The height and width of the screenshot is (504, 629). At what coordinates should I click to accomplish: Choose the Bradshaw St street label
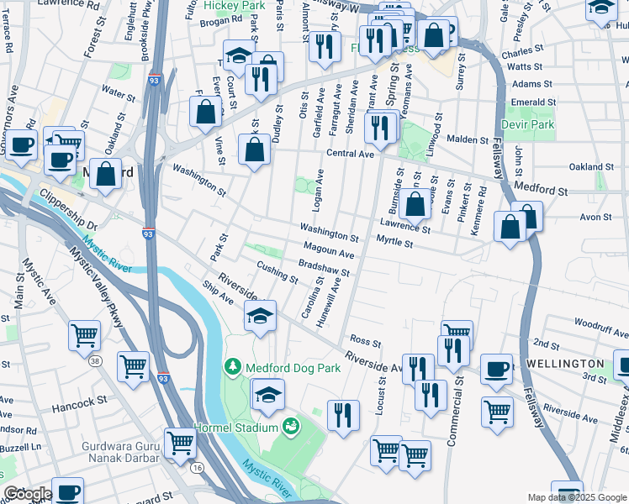pos(325,269)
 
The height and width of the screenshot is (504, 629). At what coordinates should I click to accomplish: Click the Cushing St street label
pos(277,271)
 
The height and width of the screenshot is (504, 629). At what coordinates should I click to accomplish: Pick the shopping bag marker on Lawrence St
pos(415,202)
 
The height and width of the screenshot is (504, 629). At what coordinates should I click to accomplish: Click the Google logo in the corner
pos(27,494)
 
